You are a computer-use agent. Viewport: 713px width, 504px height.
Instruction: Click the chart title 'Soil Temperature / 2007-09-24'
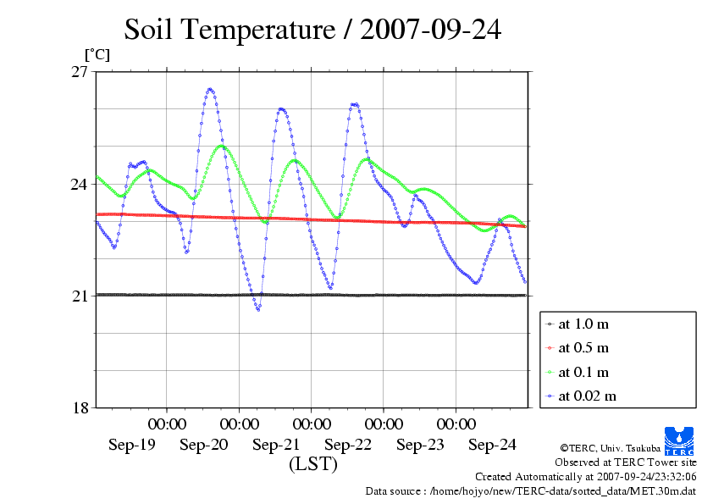(x=312, y=30)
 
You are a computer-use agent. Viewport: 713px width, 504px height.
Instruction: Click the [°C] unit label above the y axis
(x=96, y=55)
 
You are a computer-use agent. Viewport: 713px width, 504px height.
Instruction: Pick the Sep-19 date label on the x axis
(x=131, y=445)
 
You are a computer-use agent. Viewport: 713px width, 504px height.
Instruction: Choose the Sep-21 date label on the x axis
(x=276, y=445)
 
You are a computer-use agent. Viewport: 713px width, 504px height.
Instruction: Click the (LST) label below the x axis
(x=312, y=464)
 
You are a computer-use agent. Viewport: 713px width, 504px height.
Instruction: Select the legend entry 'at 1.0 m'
(x=583, y=324)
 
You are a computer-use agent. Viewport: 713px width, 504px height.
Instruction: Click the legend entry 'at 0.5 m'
(x=583, y=348)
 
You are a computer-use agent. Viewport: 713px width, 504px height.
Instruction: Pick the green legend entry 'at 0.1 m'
(x=583, y=372)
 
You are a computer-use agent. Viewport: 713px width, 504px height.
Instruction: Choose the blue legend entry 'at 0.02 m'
(x=586, y=396)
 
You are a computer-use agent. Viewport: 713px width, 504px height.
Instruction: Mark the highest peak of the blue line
(x=210, y=89)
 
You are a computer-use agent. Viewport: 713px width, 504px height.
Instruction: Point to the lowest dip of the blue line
(x=258, y=310)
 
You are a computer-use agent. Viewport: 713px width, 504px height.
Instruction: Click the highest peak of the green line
(x=223, y=146)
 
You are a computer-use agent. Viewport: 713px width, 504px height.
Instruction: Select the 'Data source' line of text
(x=530, y=490)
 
